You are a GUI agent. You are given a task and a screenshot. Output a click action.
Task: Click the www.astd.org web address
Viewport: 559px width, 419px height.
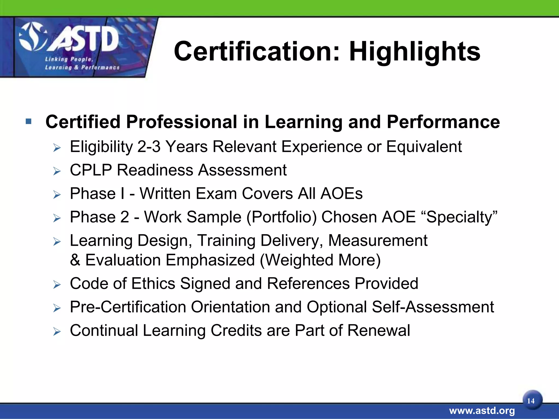coord(482,411)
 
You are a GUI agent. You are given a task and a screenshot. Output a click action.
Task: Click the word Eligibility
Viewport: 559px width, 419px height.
coord(101,147)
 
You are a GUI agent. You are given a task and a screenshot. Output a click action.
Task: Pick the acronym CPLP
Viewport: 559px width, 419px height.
coord(91,170)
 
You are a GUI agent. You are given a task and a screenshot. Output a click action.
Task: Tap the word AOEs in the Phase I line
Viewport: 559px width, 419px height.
coord(341,194)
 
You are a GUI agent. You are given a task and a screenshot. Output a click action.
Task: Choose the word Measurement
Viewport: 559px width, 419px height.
coord(377,241)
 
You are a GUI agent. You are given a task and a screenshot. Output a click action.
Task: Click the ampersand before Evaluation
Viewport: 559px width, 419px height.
coord(75,260)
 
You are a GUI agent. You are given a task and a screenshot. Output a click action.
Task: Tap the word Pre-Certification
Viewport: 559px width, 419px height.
coord(128,307)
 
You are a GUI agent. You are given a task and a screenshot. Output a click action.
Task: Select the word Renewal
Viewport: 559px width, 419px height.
coord(379,330)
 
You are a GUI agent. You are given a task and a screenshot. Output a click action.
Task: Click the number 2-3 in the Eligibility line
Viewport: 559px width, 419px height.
coord(149,147)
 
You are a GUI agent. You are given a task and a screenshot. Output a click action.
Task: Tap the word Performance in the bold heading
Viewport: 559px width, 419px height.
coord(443,122)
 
